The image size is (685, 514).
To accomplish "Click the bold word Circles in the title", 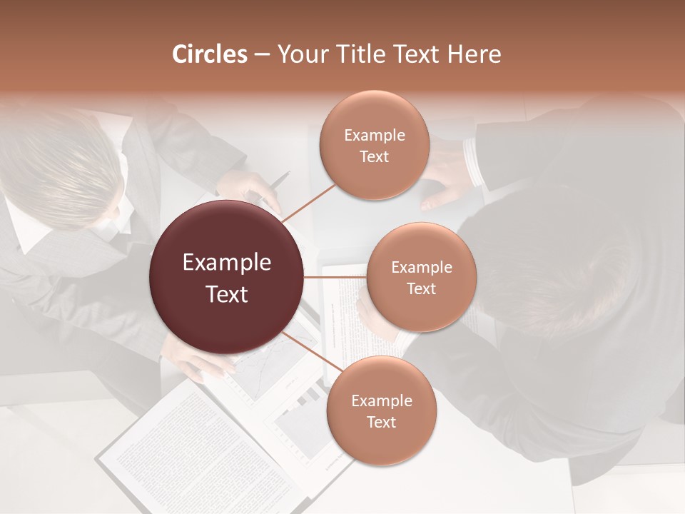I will pyautogui.click(x=210, y=54).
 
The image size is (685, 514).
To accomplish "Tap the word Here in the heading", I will pyautogui.click(x=474, y=54).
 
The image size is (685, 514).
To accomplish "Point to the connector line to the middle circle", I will pyautogui.click(x=335, y=277).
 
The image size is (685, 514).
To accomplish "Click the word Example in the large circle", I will pyautogui.click(x=227, y=263).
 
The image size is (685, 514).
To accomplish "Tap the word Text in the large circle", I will pyautogui.click(x=227, y=294).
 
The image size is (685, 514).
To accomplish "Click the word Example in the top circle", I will pyautogui.click(x=374, y=136).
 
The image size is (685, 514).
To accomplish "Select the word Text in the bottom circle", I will pyautogui.click(x=381, y=422).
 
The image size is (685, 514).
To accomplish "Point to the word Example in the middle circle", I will pyautogui.click(x=421, y=268).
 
